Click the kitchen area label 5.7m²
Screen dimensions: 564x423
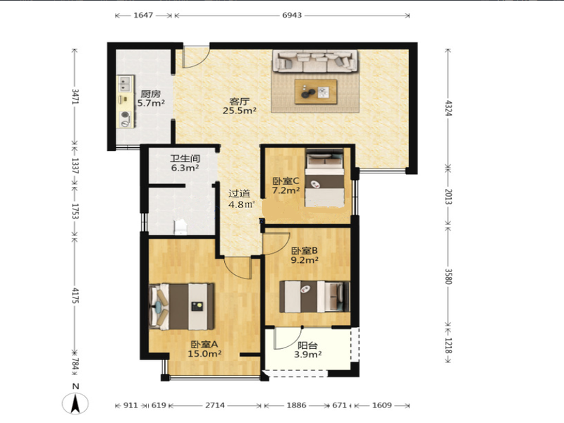coord(151,103)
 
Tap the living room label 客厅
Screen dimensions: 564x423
coord(239,102)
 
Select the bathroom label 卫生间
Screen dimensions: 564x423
coord(185,159)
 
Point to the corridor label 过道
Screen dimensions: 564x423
coord(239,194)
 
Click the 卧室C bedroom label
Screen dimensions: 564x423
coord(286,180)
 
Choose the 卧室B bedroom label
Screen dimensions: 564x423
coord(305,251)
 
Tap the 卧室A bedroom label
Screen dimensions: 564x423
coord(204,344)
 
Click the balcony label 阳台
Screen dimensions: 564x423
coord(307,345)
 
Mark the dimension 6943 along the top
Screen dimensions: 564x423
coord(292,15)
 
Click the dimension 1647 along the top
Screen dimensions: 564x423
coord(143,15)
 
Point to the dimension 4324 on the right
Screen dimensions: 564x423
coord(448,108)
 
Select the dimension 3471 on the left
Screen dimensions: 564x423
coord(75,97)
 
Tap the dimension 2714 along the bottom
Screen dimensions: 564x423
coord(215,405)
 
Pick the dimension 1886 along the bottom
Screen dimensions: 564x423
coord(296,405)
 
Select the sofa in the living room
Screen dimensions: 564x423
coord(315,61)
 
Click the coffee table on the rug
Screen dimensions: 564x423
coord(316,92)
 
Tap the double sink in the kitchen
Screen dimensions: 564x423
coord(125,84)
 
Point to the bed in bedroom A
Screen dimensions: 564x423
coord(182,307)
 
